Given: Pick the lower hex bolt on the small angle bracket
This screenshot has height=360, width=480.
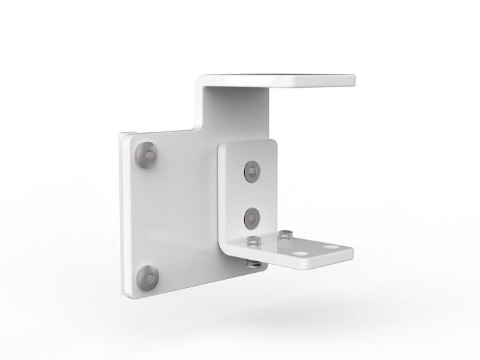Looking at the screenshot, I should pyautogui.click(x=251, y=218).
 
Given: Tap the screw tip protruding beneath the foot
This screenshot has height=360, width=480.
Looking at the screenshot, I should pyautogui.click(x=251, y=263).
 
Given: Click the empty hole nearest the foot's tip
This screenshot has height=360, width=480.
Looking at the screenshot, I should pyautogui.click(x=332, y=246).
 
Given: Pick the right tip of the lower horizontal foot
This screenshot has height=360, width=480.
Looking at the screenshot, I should pyautogui.click(x=350, y=254).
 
